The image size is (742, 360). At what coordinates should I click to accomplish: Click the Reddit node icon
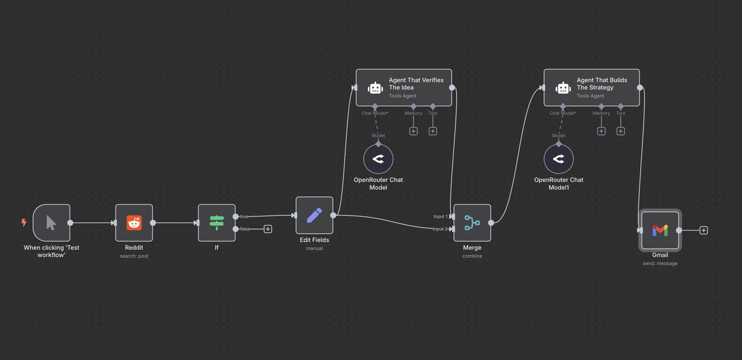coord(134,223)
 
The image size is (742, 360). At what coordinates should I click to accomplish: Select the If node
coord(216,223)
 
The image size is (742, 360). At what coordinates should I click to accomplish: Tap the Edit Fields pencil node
coord(314,215)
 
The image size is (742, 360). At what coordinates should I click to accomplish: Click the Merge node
coord(472,223)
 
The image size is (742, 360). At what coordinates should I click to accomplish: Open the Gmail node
coord(660,230)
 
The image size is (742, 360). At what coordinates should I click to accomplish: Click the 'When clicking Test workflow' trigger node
coord(51,223)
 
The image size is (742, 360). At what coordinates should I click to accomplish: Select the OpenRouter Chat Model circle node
coord(378,160)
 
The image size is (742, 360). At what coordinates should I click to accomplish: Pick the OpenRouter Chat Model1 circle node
coord(559,160)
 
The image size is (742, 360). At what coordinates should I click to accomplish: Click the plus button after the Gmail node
coord(704,230)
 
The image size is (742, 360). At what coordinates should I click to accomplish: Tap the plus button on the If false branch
coord(268,229)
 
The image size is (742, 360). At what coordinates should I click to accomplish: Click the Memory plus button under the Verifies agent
coord(413,131)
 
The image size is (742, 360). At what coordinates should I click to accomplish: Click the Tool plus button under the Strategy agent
coord(620,131)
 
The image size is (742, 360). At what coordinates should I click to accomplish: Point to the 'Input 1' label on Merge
coord(440,216)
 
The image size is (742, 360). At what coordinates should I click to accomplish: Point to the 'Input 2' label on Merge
coord(440,229)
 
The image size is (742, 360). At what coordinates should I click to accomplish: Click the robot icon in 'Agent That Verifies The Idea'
coord(375,88)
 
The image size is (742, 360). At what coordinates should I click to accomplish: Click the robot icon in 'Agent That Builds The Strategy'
coord(563,88)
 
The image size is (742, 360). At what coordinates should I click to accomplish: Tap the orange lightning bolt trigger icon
coord(24,223)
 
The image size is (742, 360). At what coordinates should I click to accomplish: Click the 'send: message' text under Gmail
coord(660,264)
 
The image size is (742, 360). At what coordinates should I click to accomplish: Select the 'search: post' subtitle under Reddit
coord(134,256)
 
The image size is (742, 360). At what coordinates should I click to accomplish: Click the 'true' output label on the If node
coord(244,216)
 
